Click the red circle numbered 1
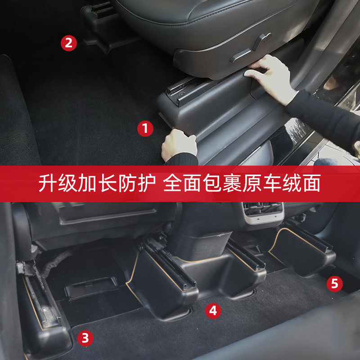(145, 129)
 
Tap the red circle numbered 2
(69, 43)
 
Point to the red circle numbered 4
(213, 310)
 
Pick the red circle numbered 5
(334, 283)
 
